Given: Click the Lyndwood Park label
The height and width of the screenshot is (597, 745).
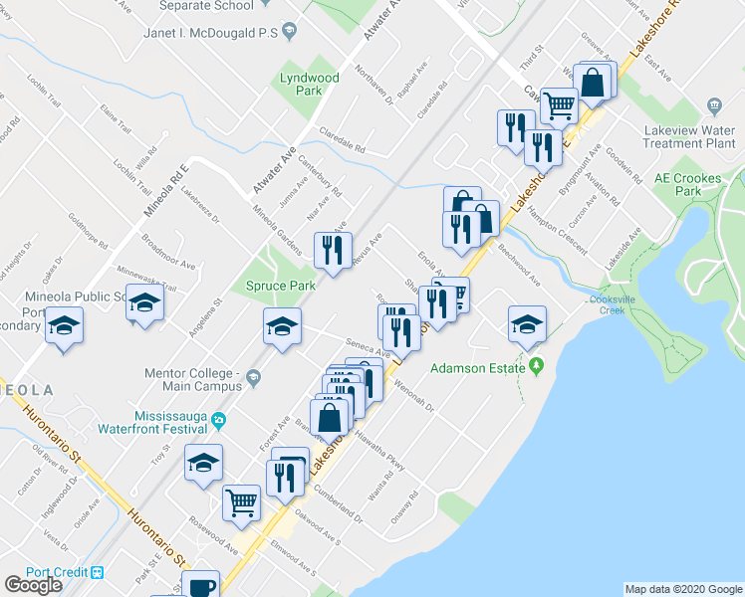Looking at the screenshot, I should (310, 84).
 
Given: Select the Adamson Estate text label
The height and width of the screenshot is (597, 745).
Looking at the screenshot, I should (477, 368).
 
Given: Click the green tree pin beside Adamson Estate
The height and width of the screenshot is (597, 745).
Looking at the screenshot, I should (537, 367).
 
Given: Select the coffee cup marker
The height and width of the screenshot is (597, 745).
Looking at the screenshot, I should (202, 585).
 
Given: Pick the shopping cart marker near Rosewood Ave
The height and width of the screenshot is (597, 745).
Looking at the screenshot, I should (242, 502).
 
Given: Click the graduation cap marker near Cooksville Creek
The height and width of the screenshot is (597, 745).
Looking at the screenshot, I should (527, 322).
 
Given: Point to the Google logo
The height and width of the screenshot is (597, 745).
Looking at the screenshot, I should (33, 584).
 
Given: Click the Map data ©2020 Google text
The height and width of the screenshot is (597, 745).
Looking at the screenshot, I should (683, 589).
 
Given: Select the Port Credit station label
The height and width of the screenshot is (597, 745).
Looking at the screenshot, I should (58, 572).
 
